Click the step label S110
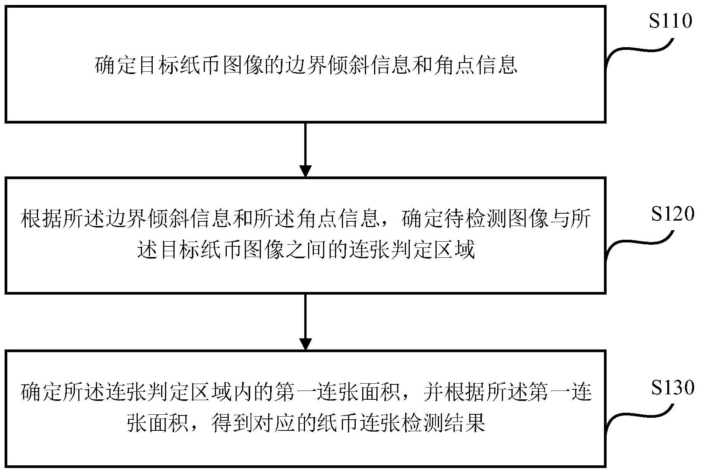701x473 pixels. (x=670, y=21)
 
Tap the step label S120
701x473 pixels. (x=673, y=214)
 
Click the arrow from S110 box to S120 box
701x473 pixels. (x=305, y=150)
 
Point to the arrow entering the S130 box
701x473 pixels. (x=305, y=322)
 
